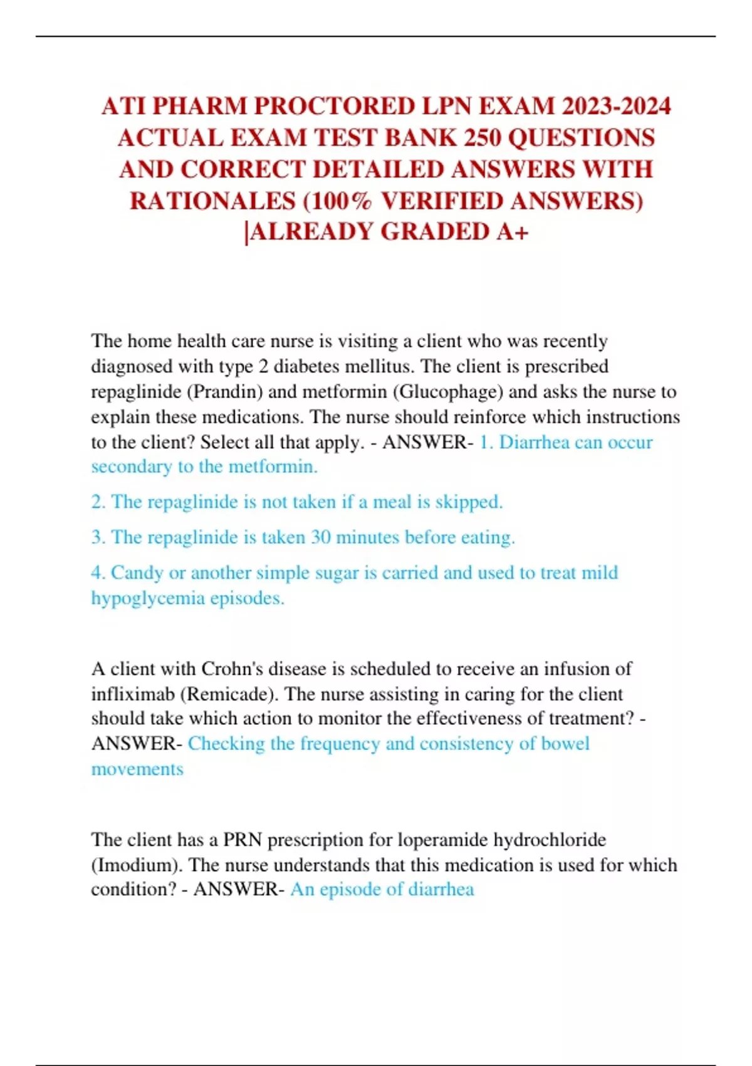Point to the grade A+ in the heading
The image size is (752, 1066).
[513, 232]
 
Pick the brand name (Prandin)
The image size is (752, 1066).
[224, 392]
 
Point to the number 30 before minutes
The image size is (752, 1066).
[321, 537]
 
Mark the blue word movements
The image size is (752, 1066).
[137, 769]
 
